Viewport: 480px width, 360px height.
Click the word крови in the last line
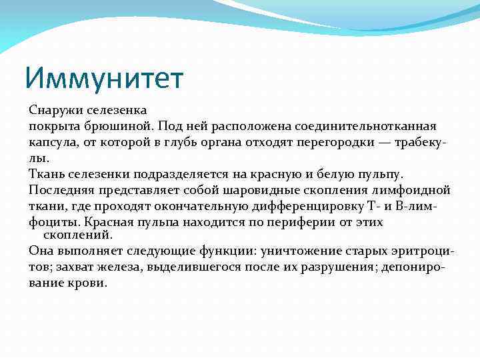tap(88, 283)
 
